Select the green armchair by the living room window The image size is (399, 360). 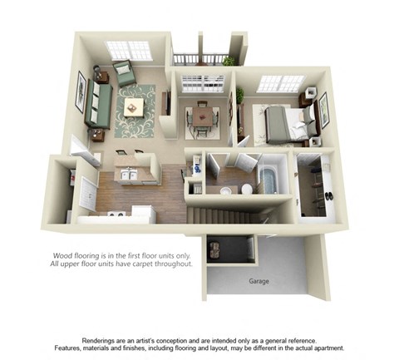124,72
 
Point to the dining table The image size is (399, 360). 201,119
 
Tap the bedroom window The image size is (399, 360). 281,83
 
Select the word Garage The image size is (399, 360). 259,281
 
